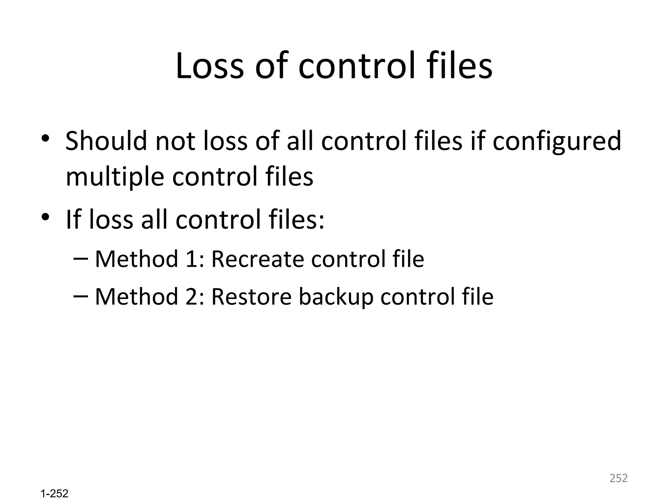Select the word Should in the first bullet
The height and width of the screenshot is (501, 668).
(x=106, y=141)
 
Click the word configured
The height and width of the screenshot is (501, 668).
(x=556, y=142)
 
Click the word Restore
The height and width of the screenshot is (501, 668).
(x=251, y=297)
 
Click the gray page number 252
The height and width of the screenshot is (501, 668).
(x=618, y=478)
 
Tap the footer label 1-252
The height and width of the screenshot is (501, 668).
(x=54, y=493)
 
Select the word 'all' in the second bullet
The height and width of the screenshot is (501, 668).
(x=155, y=219)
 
